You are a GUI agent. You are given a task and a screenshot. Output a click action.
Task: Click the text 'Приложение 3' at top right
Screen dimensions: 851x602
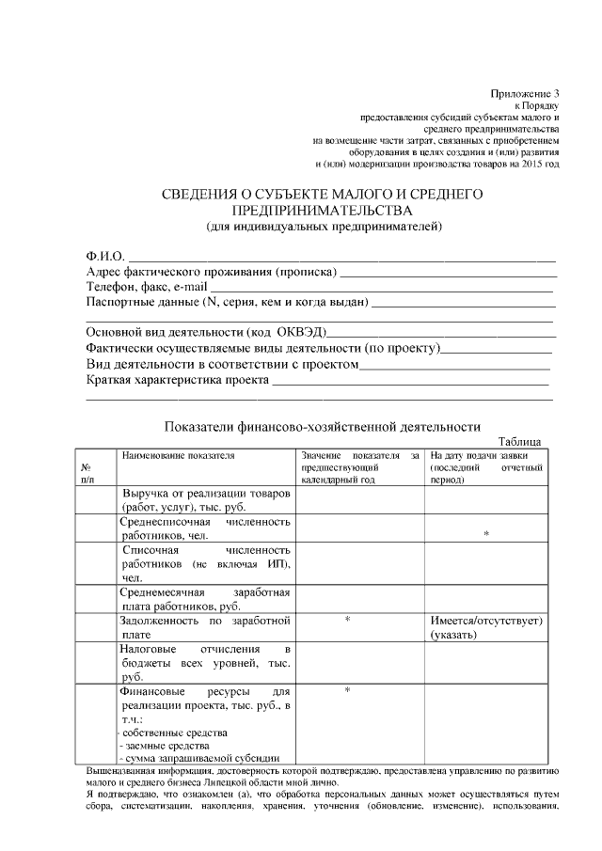(x=525, y=93)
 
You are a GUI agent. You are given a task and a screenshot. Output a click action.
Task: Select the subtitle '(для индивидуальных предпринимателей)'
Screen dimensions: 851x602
(x=324, y=227)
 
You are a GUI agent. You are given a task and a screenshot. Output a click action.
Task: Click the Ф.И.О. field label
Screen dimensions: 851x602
(x=104, y=256)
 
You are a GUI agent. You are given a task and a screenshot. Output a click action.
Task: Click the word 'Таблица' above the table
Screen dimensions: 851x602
(x=519, y=443)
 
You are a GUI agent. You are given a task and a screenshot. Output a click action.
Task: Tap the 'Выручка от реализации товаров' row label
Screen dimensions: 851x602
(x=205, y=494)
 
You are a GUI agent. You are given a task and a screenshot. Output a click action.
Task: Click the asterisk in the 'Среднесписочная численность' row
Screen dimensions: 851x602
(x=485, y=534)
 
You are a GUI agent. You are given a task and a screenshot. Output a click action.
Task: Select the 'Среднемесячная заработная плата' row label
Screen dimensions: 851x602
(x=205, y=599)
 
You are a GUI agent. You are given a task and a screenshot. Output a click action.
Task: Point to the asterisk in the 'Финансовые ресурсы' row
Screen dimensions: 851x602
(x=347, y=690)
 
